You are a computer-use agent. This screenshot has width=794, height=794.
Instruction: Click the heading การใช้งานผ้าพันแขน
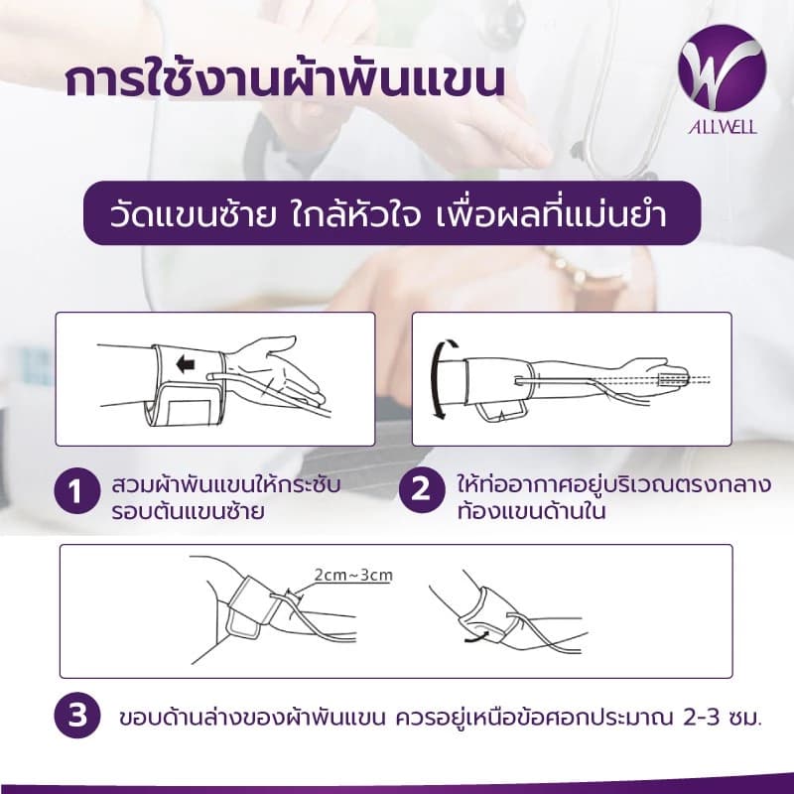283,80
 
